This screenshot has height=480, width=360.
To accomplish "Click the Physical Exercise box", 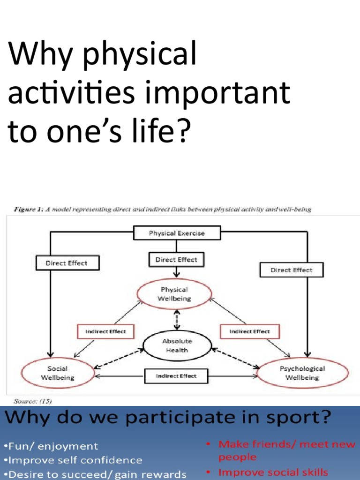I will coord(177,233).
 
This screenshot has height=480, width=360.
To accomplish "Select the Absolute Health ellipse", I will coord(177,345).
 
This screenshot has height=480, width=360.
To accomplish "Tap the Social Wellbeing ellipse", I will coord(57,373).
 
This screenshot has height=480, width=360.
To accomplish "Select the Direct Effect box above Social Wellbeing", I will coord(66,263).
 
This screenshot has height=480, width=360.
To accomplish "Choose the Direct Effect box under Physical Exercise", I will coord(177,259).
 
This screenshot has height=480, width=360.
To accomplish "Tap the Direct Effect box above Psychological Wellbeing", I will coord(291,270).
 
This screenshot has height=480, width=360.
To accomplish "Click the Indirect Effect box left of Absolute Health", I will coord(105,331).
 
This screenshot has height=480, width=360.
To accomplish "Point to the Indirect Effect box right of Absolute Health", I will coord(249,331).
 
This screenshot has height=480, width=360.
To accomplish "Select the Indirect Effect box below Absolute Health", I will coord(176,375).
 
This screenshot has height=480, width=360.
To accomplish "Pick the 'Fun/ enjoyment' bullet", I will coord(52,446).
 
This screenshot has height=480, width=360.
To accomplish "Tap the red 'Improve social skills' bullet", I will coord(271,472).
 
